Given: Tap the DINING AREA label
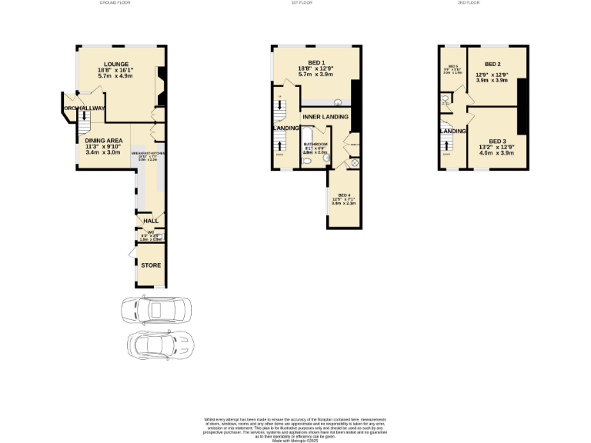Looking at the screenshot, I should (103, 140).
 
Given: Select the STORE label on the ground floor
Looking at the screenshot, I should (151, 265).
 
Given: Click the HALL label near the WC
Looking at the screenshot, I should (152, 221).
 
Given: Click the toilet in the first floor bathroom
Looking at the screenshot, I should (306, 161).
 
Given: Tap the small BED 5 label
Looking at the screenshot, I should (452, 66).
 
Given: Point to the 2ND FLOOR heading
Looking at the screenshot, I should (468, 3).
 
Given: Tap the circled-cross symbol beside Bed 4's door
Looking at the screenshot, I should (355, 162).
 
